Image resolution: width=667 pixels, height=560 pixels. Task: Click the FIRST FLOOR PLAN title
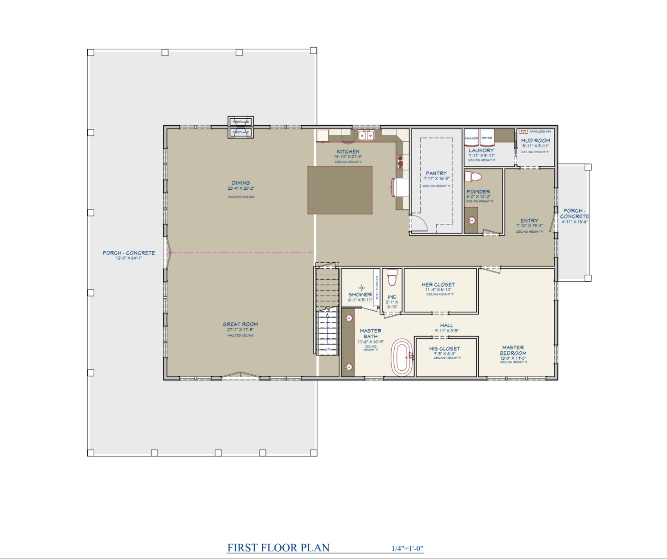click(x=278, y=548)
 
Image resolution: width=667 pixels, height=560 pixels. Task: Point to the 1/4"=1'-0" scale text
click(x=407, y=548)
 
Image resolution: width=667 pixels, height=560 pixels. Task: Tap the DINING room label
click(x=241, y=183)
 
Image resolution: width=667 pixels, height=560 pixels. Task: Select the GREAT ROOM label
click(x=240, y=325)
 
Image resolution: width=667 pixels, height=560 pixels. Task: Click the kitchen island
click(x=340, y=190)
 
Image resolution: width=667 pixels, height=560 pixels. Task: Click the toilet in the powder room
click(x=474, y=177)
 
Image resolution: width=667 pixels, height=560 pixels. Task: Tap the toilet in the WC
click(x=392, y=277)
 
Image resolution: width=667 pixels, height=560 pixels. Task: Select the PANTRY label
click(x=436, y=173)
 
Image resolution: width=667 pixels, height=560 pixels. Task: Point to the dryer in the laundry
click(x=487, y=137)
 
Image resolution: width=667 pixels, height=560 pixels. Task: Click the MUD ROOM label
click(x=535, y=140)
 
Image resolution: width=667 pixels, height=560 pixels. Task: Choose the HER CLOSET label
click(x=438, y=285)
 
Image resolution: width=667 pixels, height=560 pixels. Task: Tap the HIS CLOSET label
click(x=445, y=349)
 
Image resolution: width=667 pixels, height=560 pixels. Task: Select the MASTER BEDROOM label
click(x=513, y=350)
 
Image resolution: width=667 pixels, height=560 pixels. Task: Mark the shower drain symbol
click(x=362, y=288)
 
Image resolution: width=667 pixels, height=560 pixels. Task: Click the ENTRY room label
click(x=529, y=221)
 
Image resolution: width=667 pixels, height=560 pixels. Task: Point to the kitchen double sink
click(x=367, y=136)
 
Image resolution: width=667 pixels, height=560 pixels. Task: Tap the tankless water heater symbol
click(x=523, y=132)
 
